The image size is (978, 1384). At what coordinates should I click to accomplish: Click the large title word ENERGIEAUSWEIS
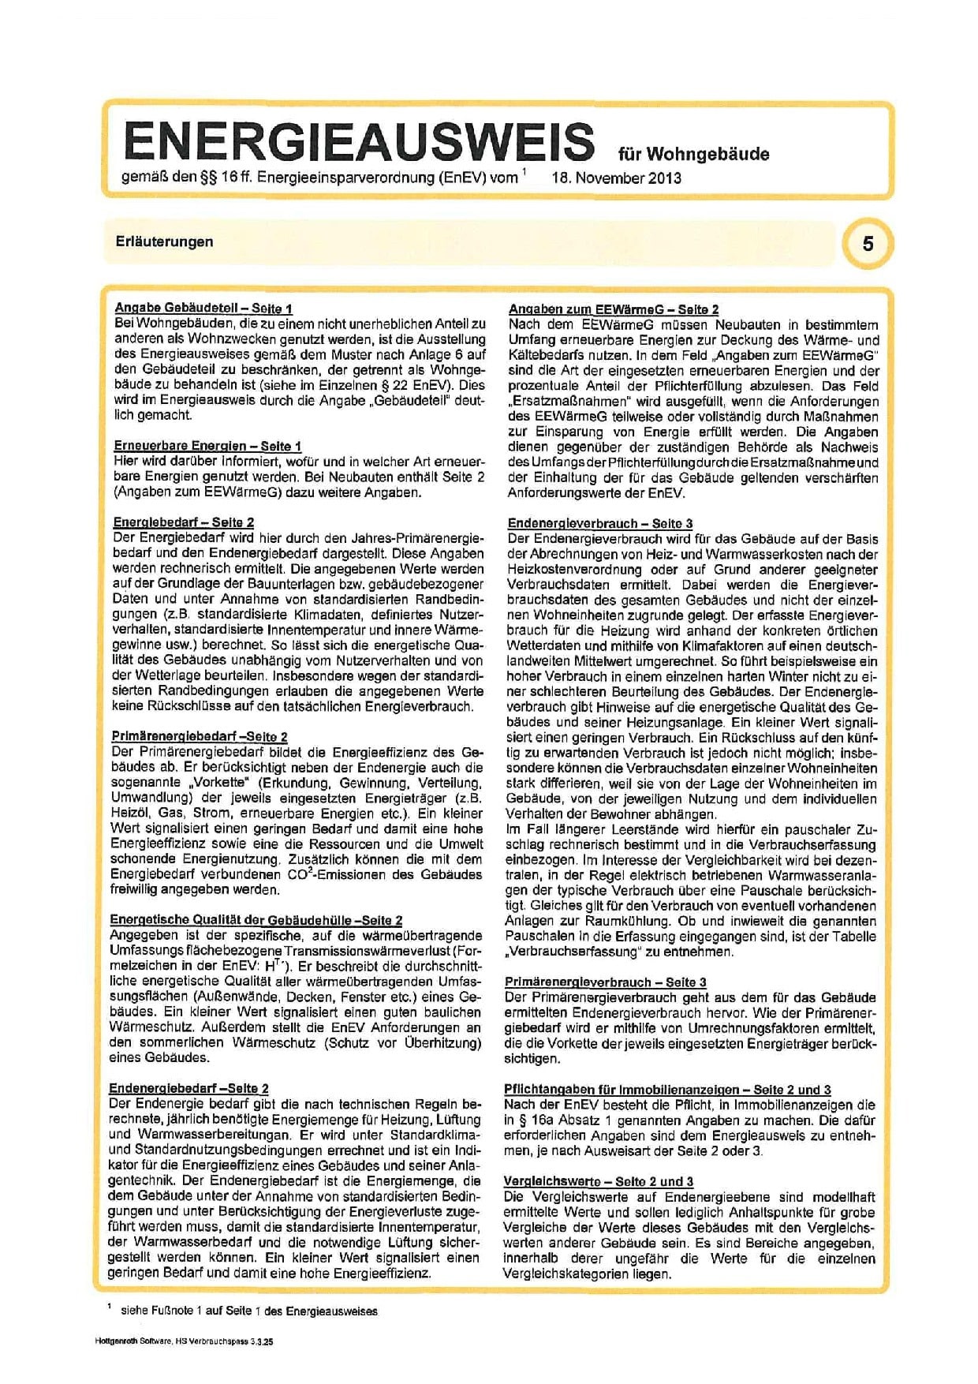tap(359, 142)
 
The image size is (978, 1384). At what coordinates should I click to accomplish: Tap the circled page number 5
tap(868, 243)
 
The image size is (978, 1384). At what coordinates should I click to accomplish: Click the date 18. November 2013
tap(616, 178)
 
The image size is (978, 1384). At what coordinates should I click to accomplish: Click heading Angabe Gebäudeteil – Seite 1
tap(203, 309)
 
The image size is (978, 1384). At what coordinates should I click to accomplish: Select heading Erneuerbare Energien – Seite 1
tap(207, 446)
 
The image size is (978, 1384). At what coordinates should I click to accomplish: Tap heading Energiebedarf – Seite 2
tap(184, 522)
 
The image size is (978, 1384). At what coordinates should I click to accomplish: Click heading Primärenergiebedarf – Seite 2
tap(200, 736)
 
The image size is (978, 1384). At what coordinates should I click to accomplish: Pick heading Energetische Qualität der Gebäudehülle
tap(256, 920)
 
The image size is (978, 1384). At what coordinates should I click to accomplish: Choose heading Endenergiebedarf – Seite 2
tap(189, 1088)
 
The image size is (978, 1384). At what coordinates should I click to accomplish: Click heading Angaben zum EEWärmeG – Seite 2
tap(613, 309)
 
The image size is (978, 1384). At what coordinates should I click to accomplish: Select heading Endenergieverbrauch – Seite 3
tap(599, 523)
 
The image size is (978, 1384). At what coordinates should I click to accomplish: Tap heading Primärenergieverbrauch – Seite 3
tap(605, 982)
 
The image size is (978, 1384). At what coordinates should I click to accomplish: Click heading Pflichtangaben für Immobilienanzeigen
tap(666, 1090)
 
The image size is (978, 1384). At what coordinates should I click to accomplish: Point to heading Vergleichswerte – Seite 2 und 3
tap(599, 1181)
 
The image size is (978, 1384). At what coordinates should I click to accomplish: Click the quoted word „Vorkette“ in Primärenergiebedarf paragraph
tap(219, 783)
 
